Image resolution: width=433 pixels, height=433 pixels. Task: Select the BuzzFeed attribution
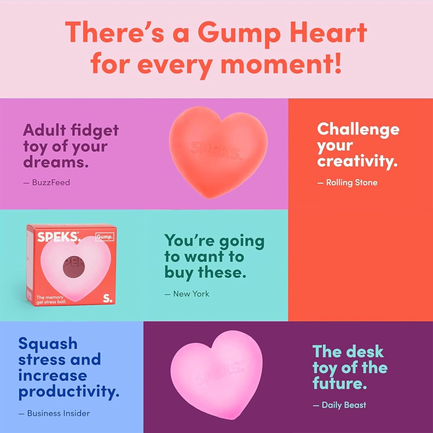click(x=51, y=182)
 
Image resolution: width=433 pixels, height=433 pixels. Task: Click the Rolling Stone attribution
click(x=351, y=182)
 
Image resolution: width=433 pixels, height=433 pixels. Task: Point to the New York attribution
click(x=191, y=294)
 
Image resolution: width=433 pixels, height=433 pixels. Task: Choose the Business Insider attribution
click(x=58, y=413)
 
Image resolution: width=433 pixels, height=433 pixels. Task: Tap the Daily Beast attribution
click(x=344, y=405)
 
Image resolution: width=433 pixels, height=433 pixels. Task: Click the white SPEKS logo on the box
click(x=58, y=237)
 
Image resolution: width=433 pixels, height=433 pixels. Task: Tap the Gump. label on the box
click(x=104, y=237)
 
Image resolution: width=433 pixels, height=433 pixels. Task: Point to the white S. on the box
click(x=107, y=298)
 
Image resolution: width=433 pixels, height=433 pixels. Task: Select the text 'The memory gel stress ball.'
click(x=51, y=300)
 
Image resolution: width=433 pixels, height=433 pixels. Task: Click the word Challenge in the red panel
click(x=358, y=129)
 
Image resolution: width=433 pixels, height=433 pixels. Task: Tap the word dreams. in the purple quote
click(x=56, y=162)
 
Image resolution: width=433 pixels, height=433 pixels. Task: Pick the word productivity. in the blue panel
click(x=69, y=392)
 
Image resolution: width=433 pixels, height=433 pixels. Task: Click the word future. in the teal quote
click(x=339, y=384)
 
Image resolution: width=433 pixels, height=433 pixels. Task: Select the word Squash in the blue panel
click(x=48, y=344)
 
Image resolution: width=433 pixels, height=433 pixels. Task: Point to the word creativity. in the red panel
click(x=357, y=161)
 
